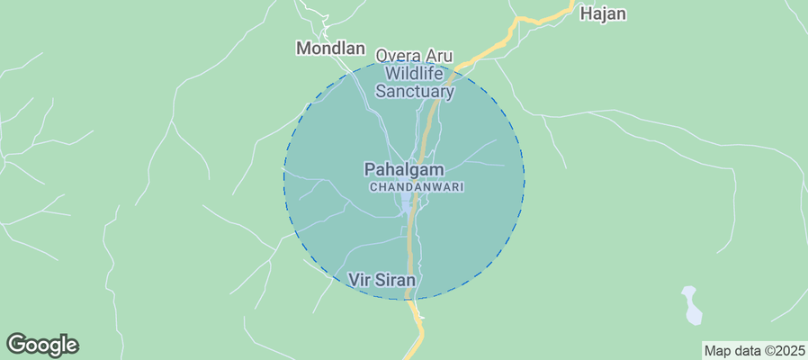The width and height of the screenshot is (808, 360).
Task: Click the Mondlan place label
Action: [330, 49]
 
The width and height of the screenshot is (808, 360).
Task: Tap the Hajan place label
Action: [602, 13]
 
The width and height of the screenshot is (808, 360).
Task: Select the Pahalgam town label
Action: [404, 169]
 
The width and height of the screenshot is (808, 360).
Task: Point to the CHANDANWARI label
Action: [416, 186]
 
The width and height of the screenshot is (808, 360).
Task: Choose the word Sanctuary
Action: [415, 91]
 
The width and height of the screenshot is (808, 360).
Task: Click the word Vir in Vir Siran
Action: [358, 280]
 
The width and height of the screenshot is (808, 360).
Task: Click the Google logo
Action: [42, 345]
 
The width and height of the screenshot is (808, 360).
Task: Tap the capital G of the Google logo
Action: [17, 344]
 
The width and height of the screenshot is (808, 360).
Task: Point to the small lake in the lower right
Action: [691, 305]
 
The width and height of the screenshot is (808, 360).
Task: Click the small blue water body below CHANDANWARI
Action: [408, 205]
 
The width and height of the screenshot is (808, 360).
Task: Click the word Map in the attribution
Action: [718, 350]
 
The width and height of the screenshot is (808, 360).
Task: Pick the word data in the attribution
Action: [748, 350]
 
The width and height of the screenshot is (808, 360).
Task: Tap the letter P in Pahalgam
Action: [370, 169]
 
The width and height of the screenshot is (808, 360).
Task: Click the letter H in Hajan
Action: [586, 13]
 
